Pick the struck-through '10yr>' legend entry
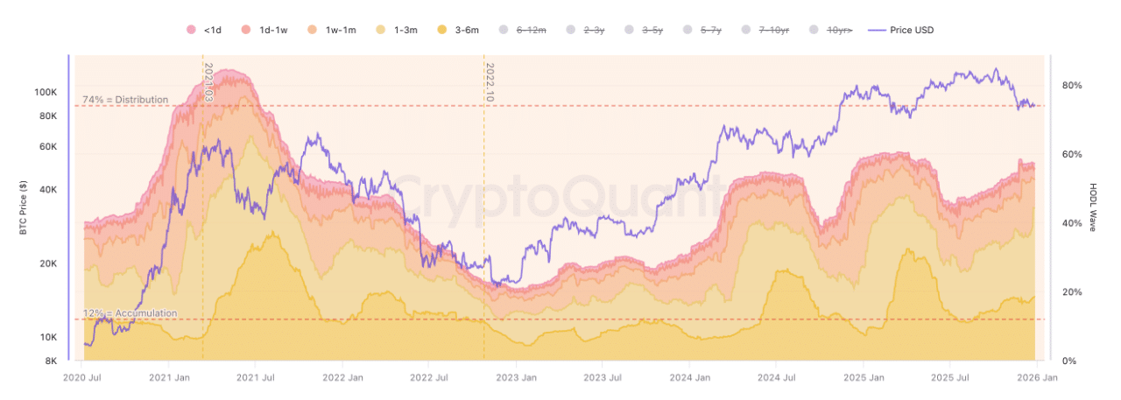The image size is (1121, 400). click(x=832, y=31)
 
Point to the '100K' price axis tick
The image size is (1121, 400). click(x=46, y=92)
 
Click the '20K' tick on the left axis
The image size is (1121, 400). click(x=47, y=263)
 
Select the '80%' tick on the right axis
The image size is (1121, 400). click(x=1072, y=86)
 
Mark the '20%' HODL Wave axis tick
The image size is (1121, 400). click(x=1072, y=292)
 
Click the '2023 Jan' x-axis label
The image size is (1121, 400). click(x=516, y=378)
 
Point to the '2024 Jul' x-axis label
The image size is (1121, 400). click(x=776, y=378)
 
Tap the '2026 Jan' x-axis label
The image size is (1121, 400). click(x=1037, y=378)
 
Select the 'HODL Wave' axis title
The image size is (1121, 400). click(x=1094, y=207)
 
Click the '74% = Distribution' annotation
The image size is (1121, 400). click(x=125, y=100)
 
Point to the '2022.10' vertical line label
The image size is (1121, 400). click(x=490, y=83)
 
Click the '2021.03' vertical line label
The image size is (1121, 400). click(x=208, y=83)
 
